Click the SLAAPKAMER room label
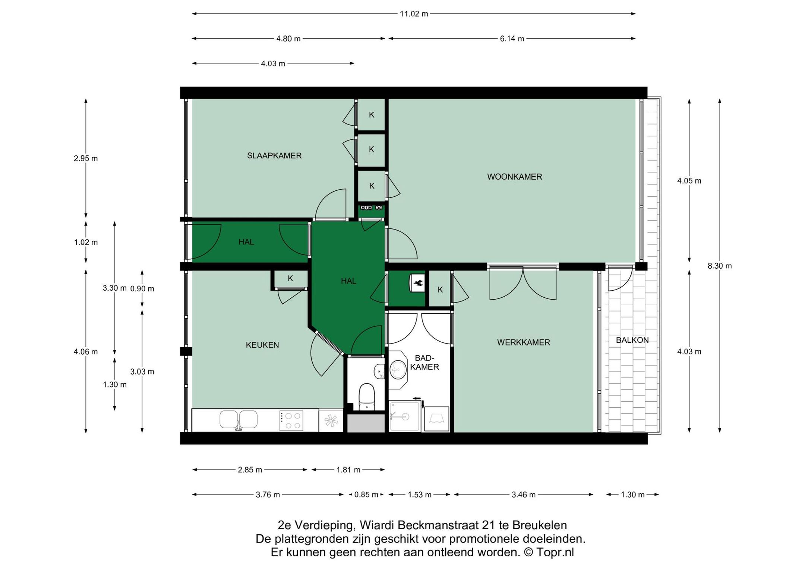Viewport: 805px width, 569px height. [x=274, y=156]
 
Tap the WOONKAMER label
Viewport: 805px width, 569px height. [x=515, y=177]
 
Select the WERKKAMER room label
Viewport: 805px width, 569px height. [x=524, y=342]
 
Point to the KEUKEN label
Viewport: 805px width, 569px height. [x=262, y=345]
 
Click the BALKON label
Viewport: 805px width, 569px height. [x=632, y=340]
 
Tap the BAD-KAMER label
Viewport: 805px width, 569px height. [x=424, y=363]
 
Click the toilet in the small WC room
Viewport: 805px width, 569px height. [x=367, y=397]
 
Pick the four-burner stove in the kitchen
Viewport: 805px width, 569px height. [x=291, y=421]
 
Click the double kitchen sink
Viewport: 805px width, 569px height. [x=239, y=420]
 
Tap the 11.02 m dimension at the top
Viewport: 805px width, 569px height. [x=414, y=14]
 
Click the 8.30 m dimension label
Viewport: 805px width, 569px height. [x=720, y=266]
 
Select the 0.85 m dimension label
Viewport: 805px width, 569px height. [x=366, y=495]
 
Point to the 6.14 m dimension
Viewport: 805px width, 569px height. [x=512, y=39]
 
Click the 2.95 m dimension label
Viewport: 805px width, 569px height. [x=86, y=158]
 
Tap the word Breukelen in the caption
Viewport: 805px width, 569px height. [x=540, y=525]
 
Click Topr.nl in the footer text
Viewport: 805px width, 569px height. [x=555, y=552]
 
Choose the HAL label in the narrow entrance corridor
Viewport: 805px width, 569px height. [x=246, y=242]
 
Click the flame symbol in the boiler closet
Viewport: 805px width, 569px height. [x=418, y=284]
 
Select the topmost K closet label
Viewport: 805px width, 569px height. [x=372, y=115]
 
